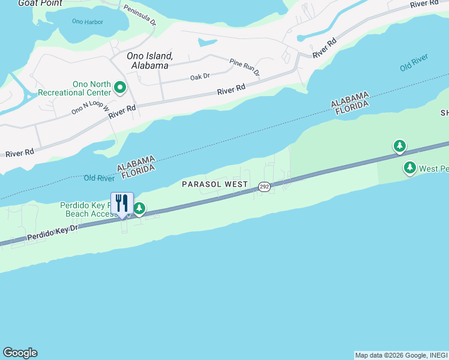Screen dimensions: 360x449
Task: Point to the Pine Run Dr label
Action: (x=245, y=66)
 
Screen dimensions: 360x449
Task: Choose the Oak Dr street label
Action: (x=200, y=76)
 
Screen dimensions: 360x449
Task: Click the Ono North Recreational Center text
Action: (x=74, y=89)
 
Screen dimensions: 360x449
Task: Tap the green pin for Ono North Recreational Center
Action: (x=120, y=88)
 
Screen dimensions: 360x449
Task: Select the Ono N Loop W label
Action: (x=90, y=107)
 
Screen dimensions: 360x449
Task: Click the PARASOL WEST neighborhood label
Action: (x=214, y=184)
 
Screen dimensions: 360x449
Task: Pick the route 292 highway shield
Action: (x=265, y=187)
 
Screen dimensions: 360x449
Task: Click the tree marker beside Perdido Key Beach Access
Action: (x=139, y=208)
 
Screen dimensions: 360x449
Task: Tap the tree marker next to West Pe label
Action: (x=410, y=167)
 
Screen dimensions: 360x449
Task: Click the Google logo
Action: (x=20, y=353)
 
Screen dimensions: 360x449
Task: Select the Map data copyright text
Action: (x=401, y=355)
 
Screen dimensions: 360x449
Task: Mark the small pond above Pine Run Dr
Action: (x=208, y=43)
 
